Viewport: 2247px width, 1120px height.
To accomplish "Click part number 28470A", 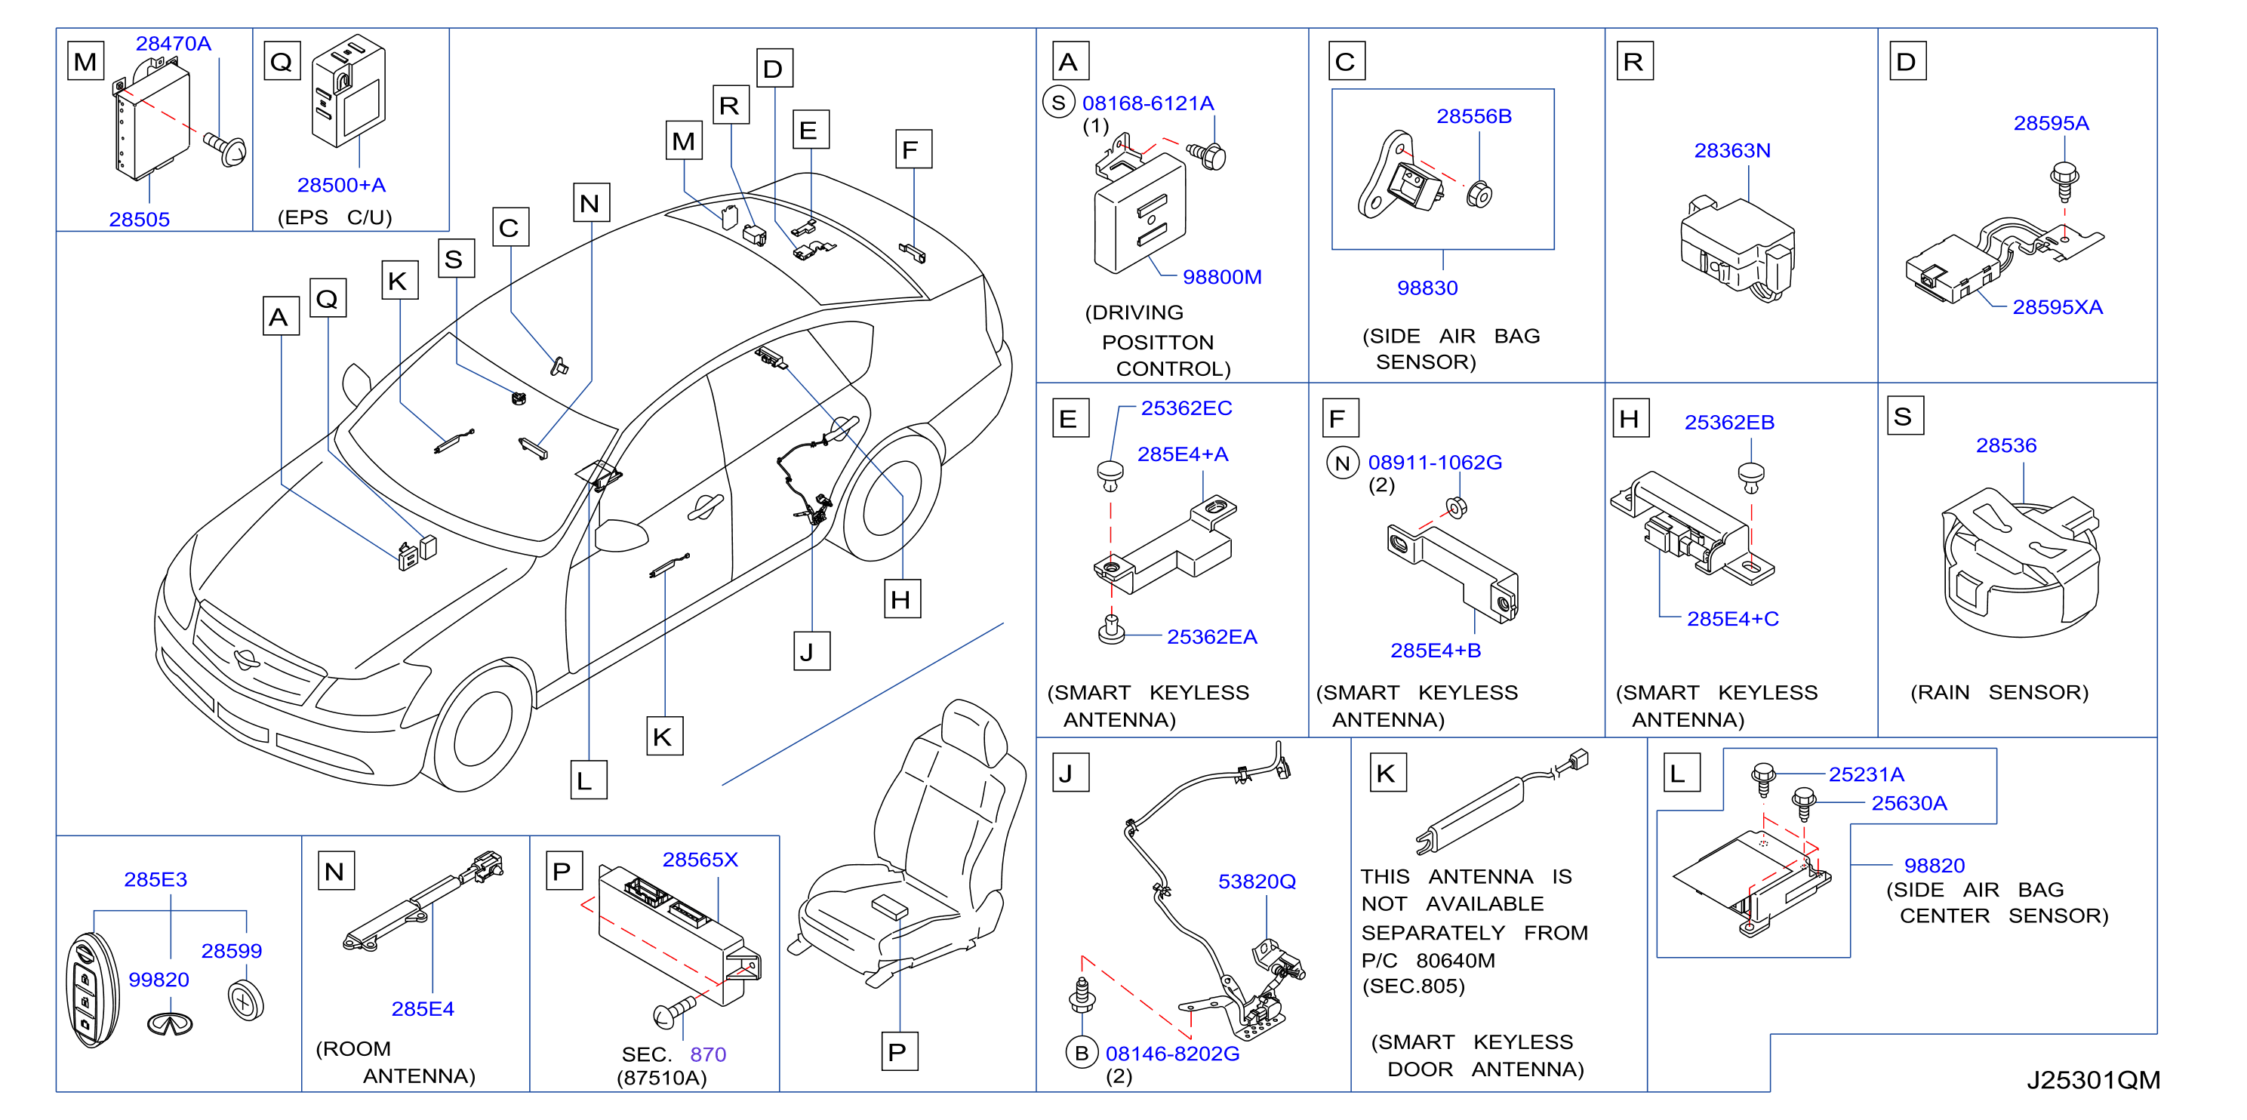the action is [173, 44].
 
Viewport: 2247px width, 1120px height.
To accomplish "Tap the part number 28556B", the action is [1473, 116].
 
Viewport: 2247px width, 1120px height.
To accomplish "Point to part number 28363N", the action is [1731, 150].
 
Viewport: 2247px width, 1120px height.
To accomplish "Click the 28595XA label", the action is [2057, 307].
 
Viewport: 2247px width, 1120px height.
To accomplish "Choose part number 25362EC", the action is [1187, 408].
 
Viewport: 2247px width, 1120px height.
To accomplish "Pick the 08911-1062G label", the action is [1434, 463].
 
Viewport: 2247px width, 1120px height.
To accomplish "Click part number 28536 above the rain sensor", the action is [2005, 446].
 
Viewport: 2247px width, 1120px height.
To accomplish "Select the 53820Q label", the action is [1256, 882].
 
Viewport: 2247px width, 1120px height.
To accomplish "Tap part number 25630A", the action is [1909, 803].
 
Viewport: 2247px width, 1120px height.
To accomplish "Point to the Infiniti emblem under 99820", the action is [170, 1024].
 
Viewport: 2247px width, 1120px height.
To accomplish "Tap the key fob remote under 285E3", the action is [93, 989].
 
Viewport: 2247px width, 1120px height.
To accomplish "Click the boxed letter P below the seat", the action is [898, 1052].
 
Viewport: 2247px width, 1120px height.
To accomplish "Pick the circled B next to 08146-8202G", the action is [1082, 1053].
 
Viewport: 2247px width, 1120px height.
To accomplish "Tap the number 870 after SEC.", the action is [707, 1054].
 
